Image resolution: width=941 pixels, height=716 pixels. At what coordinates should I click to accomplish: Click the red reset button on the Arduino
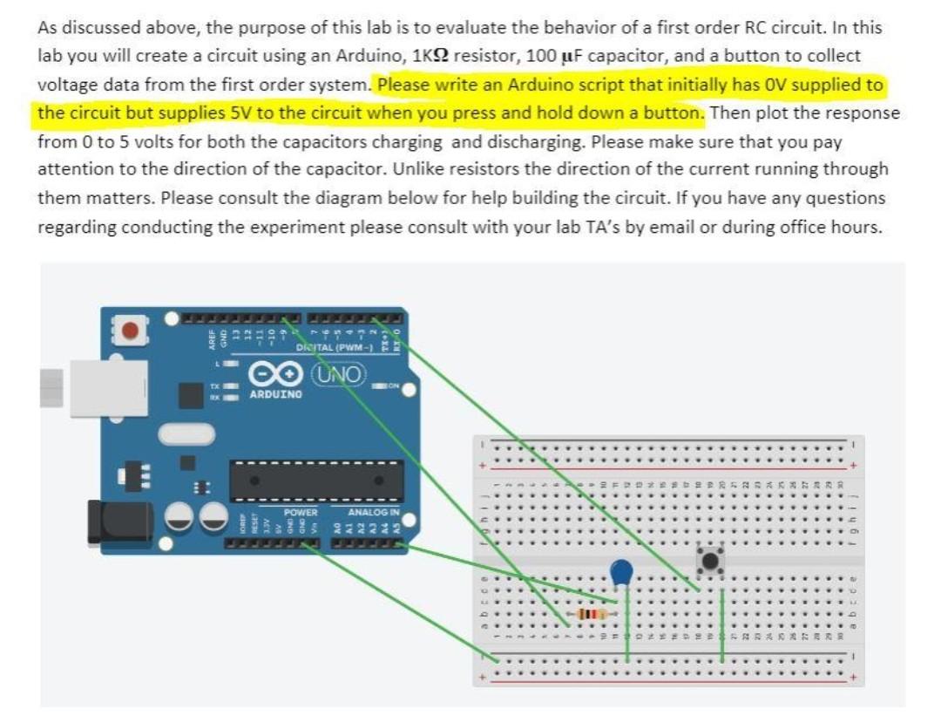click(131, 331)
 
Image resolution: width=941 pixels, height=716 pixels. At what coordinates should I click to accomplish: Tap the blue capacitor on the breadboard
click(620, 572)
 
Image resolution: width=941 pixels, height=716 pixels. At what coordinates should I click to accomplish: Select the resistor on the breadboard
click(592, 615)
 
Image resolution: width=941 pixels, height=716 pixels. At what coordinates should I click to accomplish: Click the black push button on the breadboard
click(710, 561)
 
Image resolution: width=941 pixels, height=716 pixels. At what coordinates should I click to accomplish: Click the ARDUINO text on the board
click(276, 395)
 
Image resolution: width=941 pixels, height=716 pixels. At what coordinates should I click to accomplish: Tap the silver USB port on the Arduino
click(96, 384)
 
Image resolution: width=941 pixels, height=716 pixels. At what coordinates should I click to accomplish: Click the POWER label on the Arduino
click(301, 513)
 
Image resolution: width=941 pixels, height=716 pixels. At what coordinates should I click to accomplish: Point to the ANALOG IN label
click(373, 513)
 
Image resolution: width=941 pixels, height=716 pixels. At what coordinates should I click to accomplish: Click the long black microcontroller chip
click(316, 481)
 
